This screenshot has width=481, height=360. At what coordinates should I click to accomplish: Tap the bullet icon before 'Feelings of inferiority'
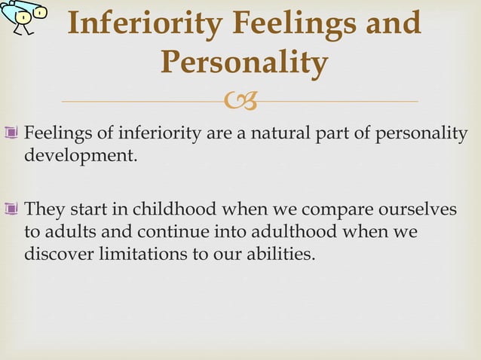[15, 133]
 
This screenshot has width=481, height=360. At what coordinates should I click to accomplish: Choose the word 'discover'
[60, 255]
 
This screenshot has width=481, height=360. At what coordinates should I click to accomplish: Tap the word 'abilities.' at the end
[280, 255]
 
